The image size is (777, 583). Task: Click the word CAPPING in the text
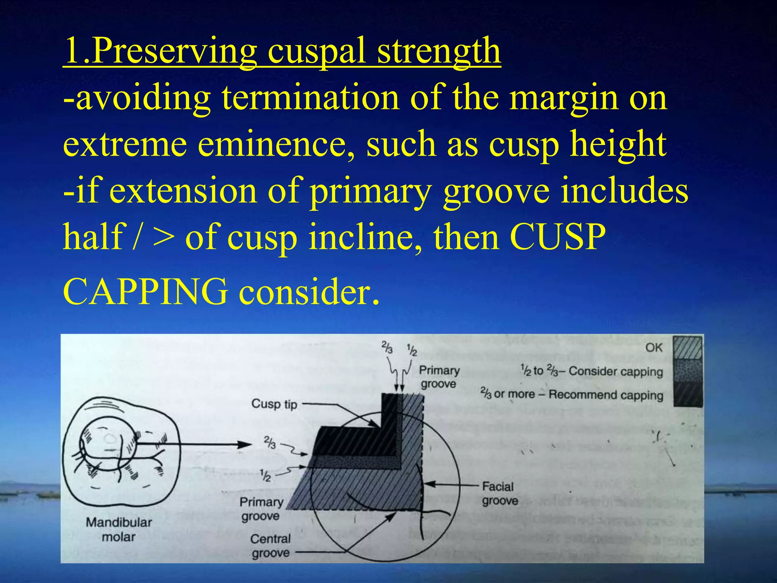(146, 291)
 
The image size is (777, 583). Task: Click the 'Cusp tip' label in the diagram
(274, 404)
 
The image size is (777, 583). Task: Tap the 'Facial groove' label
(499, 493)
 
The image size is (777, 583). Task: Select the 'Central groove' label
(271, 546)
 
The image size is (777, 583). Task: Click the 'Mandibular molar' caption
(119, 529)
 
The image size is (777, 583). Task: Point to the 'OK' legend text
(654, 348)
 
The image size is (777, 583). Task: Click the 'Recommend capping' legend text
(606, 395)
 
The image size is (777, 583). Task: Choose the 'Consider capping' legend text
(615, 371)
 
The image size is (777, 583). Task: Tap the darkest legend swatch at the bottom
(687, 395)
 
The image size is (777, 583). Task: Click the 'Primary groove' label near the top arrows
(439, 377)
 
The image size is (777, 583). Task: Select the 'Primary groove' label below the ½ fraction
(261, 509)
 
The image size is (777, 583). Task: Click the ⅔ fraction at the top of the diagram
(387, 348)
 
